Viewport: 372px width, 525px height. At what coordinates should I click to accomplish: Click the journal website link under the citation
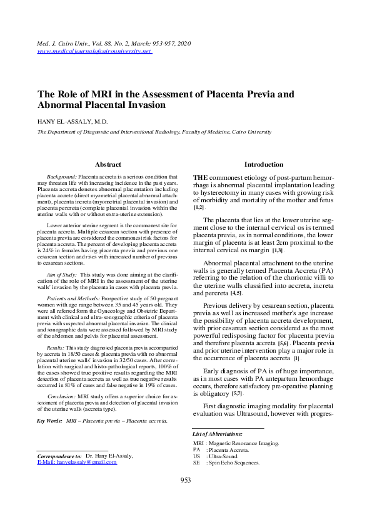[x=95, y=51]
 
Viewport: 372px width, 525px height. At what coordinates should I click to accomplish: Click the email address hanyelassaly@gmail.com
[x=77, y=463]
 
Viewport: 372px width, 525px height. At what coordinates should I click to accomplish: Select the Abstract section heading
[x=108, y=165]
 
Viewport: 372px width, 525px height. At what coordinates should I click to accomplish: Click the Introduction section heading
[x=263, y=165]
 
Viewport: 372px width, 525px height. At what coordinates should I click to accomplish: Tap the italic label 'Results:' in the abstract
[x=58, y=345]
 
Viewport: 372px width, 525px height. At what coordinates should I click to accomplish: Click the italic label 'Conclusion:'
[x=63, y=396]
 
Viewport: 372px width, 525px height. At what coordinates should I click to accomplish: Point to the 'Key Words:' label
[x=49, y=421]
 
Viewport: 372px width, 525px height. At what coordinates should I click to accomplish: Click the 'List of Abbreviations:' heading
[x=218, y=433]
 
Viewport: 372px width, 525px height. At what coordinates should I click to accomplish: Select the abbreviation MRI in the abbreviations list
[x=199, y=443]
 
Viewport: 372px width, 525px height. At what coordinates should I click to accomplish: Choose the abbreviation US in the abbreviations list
[x=197, y=457]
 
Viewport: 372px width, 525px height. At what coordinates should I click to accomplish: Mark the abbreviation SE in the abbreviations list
[x=196, y=464]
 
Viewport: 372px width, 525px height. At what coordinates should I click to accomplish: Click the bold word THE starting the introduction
[x=200, y=178]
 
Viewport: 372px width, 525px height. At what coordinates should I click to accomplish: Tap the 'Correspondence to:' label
[x=59, y=456]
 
